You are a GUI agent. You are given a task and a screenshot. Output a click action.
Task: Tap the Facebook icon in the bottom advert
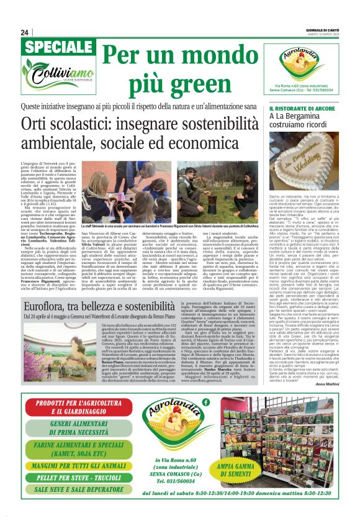[205, 402]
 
